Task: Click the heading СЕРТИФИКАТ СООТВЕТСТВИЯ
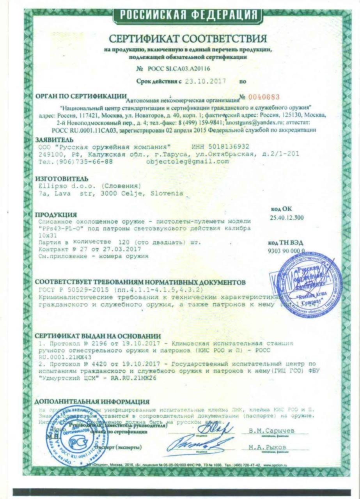(188, 39)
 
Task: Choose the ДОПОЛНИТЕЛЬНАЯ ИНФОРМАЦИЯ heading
(92, 402)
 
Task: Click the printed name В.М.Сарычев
(271, 430)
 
